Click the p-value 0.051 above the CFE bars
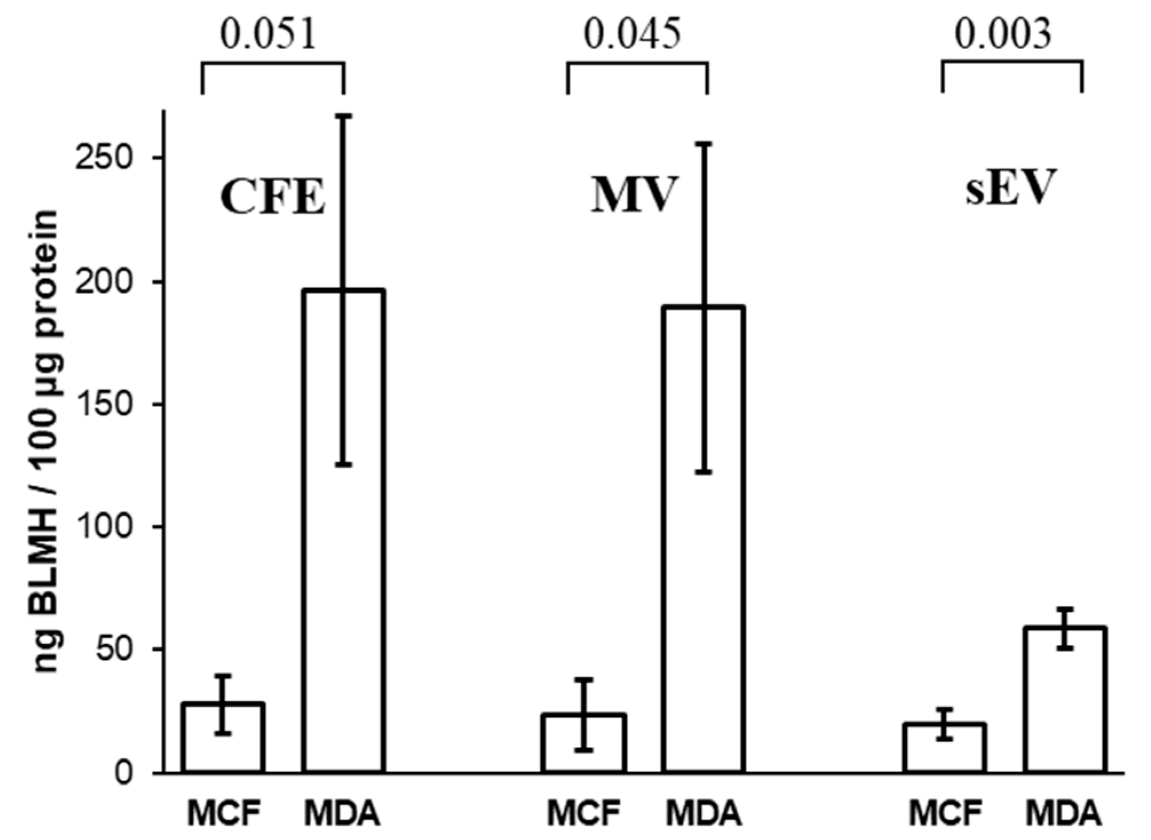(x=268, y=34)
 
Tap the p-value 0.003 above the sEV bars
(x=1003, y=34)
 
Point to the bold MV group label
(x=634, y=195)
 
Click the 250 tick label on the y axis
(x=108, y=158)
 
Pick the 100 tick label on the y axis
(x=108, y=527)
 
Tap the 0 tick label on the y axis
(x=123, y=773)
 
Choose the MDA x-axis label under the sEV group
(x=1063, y=813)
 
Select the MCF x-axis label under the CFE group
(x=224, y=813)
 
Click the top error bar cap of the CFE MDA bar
(x=343, y=116)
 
